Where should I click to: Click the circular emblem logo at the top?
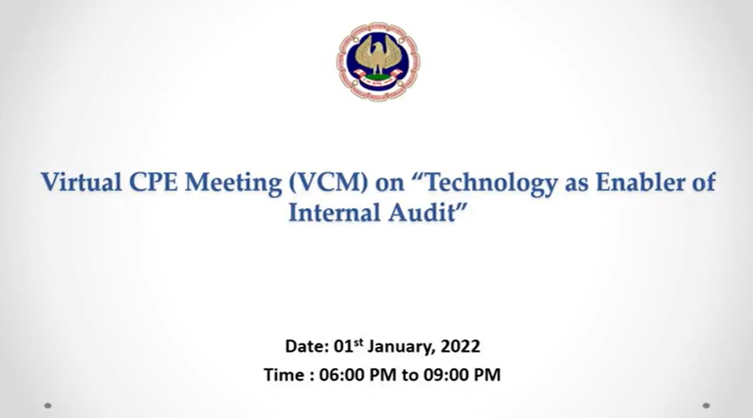pyautogui.click(x=378, y=61)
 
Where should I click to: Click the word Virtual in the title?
pyautogui.click(x=81, y=182)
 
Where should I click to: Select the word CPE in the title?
pyautogui.click(x=153, y=182)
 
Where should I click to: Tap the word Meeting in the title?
pyautogui.click(x=234, y=184)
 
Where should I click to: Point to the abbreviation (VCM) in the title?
pyautogui.click(x=329, y=183)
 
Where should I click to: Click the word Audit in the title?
pyautogui.click(x=422, y=212)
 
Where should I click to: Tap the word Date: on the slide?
pyautogui.click(x=307, y=346)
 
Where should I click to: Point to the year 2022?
pyautogui.click(x=460, y=346)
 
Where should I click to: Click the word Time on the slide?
pyautogui.click(x=284, y=374)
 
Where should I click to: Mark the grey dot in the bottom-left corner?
pyautogui.click(x=48, y=406)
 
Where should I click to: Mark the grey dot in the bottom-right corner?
pyautogui.click(x=706, y=406)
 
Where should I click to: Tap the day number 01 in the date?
pyautogui.click(x=343, y=346)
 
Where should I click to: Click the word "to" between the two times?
pyautogui.click(x=410, y=375)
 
